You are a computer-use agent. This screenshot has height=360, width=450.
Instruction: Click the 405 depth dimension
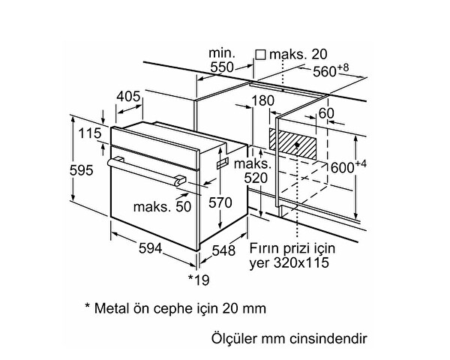tap(130, 97)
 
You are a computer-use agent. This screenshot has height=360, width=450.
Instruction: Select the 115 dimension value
tap(88, 133)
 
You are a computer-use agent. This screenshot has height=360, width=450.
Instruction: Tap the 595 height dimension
tap(80, 169)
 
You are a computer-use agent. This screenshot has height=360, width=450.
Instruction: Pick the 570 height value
tap(220, 202)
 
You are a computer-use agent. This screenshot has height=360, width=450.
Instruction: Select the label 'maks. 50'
tap(163, 206)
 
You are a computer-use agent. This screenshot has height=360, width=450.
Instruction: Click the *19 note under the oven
tap(198, 280)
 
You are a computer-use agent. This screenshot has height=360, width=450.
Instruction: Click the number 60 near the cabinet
tap(326, 113)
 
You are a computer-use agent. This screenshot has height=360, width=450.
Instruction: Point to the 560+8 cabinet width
tap(333, 72)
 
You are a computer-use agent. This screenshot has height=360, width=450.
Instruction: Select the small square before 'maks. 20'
tap(260, 55)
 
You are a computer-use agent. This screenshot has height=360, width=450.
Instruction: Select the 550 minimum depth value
tap(222, 67)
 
